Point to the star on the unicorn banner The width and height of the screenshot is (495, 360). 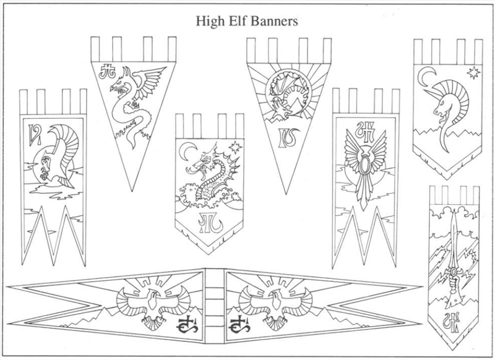(x=473, y=73)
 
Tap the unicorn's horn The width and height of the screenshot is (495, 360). (x=430, y=93)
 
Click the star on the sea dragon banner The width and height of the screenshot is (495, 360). (x=236, y=147)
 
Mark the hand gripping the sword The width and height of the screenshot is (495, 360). (x=452, y=280)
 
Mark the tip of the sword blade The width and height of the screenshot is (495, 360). (x=454, y=210)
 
